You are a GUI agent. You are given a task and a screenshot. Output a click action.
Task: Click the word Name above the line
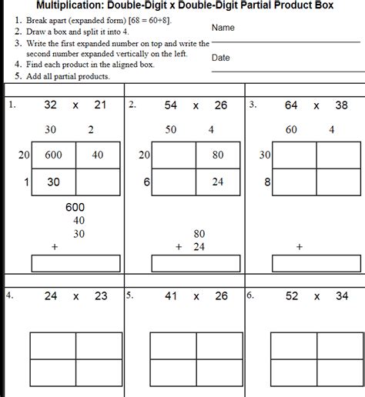tap(223, 28)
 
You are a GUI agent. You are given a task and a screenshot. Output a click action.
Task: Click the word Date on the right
tap(220, 58)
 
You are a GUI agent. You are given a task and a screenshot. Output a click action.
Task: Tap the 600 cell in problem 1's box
tap(53, 155)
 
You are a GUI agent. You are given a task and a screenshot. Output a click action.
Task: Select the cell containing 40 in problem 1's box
tap(98, 155)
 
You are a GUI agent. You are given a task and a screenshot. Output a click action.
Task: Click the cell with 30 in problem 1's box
tap(53, 182)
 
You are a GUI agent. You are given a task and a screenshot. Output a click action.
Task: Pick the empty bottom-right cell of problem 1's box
tap(98, 182)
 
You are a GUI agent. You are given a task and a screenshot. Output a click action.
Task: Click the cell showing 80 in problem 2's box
tap(218, 155)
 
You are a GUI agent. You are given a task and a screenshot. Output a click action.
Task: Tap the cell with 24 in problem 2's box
tap(218, 182)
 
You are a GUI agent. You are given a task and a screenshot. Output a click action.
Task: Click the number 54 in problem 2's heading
tap(171, 105)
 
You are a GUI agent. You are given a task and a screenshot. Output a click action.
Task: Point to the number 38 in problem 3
tap(341, 105)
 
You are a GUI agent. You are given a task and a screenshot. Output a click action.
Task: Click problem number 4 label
tap(9, 295)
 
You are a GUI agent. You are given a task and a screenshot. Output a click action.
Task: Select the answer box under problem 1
tap(75, 263)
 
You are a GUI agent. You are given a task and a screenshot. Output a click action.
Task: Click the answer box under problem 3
tap(316, 263)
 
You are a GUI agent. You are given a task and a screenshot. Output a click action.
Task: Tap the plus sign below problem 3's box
tap(299, 247)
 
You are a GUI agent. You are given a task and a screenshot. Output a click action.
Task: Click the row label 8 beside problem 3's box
tap(266, 182)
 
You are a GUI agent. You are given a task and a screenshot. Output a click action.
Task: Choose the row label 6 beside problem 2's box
tap(146, 182)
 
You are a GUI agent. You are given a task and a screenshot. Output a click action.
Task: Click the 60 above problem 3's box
tap(291, 130)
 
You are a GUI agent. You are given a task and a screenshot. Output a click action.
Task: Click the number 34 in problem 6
tap(341, 295)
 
